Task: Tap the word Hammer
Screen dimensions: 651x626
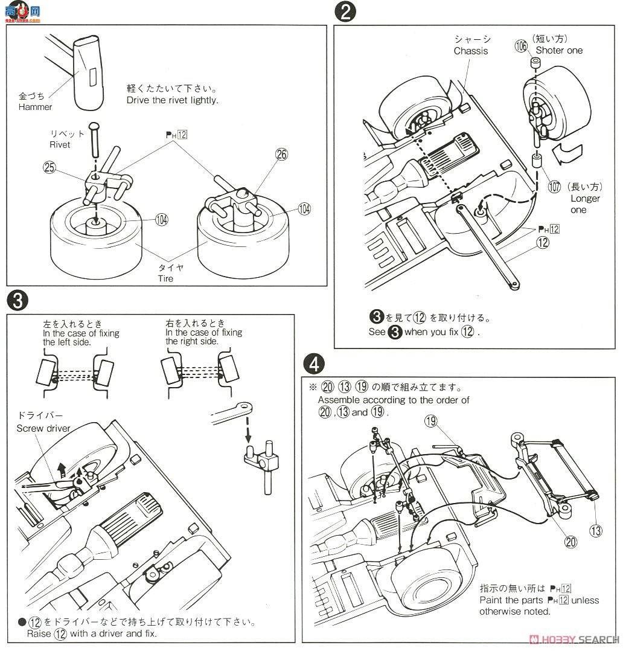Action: tap(35, 107)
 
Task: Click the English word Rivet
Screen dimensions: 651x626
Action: tap(60, 145)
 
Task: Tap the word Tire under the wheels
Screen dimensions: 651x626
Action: tap(165, 278)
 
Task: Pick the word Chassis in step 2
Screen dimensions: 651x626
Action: tap(471, 51)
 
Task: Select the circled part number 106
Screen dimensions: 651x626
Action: tap(522, 46)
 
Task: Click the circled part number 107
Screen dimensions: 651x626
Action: tap(554, 187)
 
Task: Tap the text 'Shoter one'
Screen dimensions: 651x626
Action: tap(559, 50)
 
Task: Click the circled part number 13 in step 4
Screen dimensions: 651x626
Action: tap(596, 531)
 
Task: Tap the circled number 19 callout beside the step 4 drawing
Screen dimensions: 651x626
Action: tap(430, 421)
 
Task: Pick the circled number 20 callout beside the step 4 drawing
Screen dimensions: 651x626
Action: tap(570, 541)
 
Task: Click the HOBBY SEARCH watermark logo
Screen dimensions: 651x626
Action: tap(573, 640)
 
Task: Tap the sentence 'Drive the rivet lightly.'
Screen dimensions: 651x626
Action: tap(172, 100)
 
